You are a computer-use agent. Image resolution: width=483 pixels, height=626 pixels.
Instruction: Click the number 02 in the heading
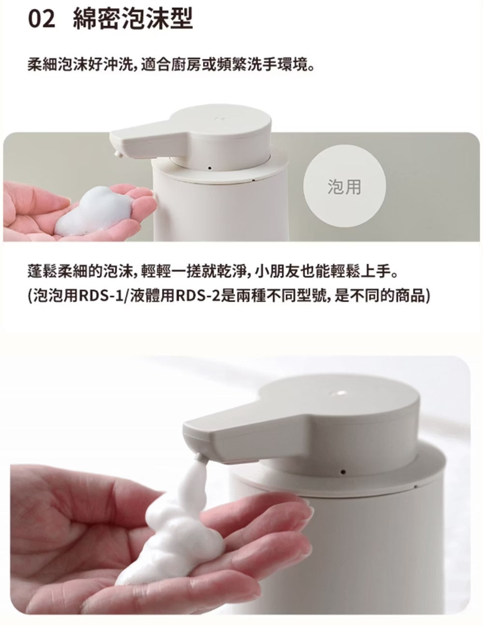42,19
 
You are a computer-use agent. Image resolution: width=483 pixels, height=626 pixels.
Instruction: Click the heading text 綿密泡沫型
133,19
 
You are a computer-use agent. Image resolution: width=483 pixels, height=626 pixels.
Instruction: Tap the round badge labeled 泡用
344,186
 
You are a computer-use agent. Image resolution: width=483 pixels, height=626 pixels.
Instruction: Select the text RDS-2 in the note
200,296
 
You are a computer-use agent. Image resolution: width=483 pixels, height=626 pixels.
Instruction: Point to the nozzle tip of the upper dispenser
118,153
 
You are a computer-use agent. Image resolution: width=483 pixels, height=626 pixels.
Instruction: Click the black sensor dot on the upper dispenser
210,168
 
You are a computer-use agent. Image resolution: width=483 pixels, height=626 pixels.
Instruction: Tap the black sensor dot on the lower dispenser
342,472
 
